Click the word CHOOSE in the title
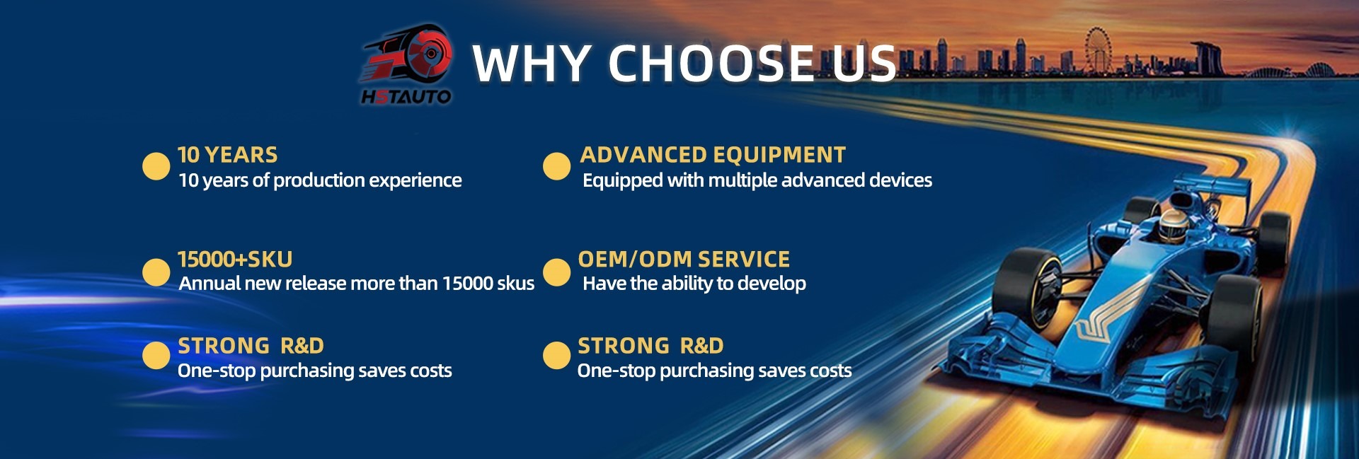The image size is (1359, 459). click(711, 63)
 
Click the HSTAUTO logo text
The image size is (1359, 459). click(406, 96)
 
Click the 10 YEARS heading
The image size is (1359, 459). click(227, 155)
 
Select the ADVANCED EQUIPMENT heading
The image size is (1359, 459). click(713, 155)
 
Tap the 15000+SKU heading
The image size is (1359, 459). click(235, 260)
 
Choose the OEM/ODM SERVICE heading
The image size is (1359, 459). click(684, 260)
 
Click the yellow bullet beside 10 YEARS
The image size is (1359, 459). click(156, 166)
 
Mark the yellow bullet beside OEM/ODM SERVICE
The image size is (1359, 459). click(556, 272)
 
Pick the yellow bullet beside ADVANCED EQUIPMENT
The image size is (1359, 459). click(556, 166)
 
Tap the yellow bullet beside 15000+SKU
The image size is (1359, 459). click(156, 272)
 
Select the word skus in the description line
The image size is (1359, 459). click(515, 284)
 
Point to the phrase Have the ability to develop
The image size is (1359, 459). click(694, 284)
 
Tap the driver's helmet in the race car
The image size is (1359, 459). click(1174, 224)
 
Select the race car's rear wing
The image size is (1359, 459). click(1210, 187)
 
